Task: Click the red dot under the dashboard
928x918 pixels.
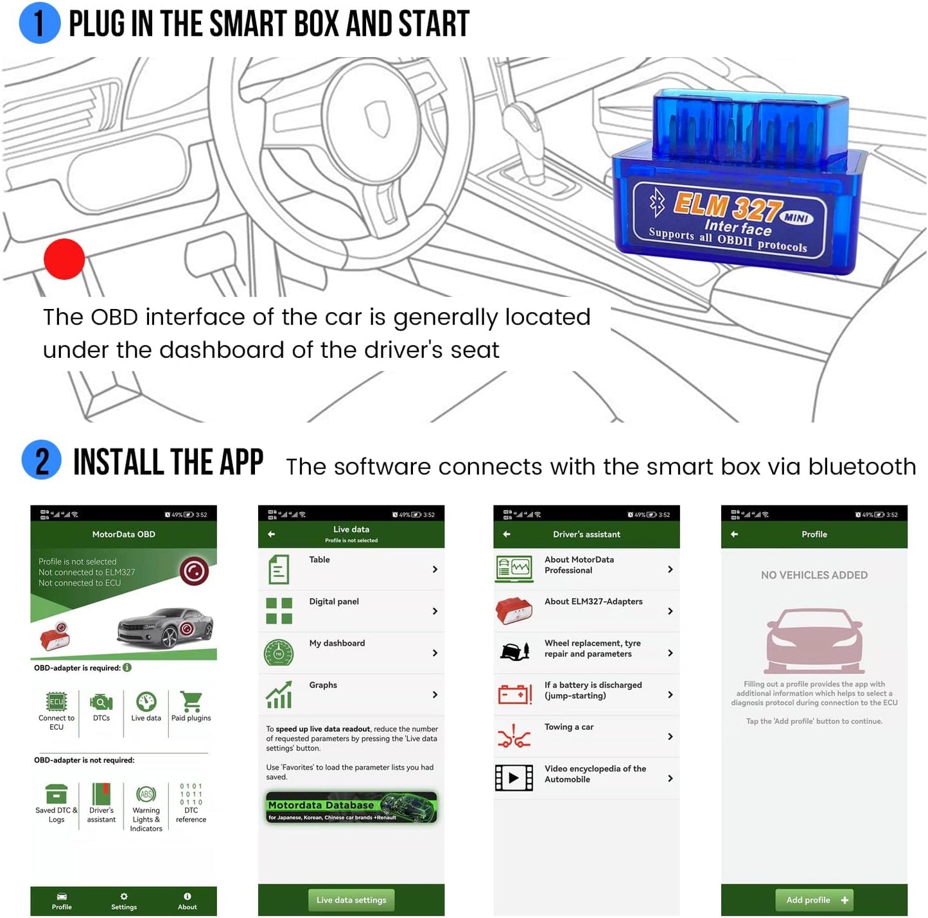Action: coord(64,259)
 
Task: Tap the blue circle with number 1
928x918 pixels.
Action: coord(40,23)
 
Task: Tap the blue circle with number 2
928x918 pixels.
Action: coord(42,460)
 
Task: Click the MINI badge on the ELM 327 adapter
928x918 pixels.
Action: coord(796,218)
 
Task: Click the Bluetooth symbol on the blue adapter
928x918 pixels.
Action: coord(657,202)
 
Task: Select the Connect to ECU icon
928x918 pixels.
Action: coord(57,702)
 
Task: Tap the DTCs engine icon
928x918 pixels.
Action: coord(101,702)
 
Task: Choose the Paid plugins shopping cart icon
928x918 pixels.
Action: coord(191,702)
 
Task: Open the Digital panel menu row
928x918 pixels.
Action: coord(351,611)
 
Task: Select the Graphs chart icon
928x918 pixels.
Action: coord(279,694)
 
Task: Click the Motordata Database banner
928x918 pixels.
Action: coord(351,808)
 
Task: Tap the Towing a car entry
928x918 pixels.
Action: coord(586,736)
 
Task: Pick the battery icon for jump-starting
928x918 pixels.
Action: coord(514,694)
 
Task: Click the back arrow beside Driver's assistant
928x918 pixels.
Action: coord(507,534)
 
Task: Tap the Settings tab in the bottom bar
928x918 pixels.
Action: coord(124,901)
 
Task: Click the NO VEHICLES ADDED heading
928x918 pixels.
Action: coord(814,575)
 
